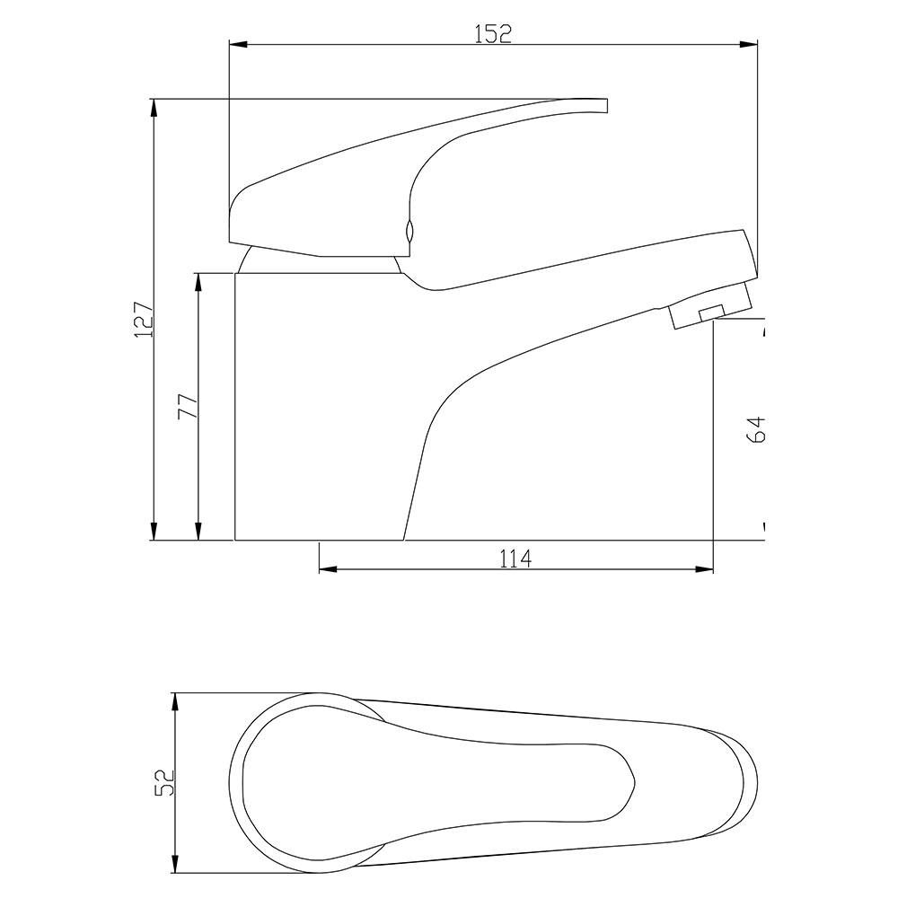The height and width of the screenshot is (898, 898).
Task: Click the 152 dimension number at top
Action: click(x=493, y=34)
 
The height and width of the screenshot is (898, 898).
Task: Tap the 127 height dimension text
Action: click(x=144, y=319)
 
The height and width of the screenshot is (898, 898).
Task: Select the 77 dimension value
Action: click(x=188, y=406)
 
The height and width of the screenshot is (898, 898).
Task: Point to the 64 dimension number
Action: click(x=756, y=429)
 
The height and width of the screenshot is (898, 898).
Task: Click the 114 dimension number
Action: click(x=516, y=558)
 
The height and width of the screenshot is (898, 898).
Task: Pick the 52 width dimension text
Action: click(x=164, y=783)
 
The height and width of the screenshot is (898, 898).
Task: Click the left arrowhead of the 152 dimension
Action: click(x=238, y=44)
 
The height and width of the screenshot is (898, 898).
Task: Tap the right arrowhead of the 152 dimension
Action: click(x=748, y=44)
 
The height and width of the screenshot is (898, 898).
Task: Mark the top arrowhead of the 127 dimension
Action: click(x=154, y=109)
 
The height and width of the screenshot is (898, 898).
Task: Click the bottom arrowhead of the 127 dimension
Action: click(x=154, y=531)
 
